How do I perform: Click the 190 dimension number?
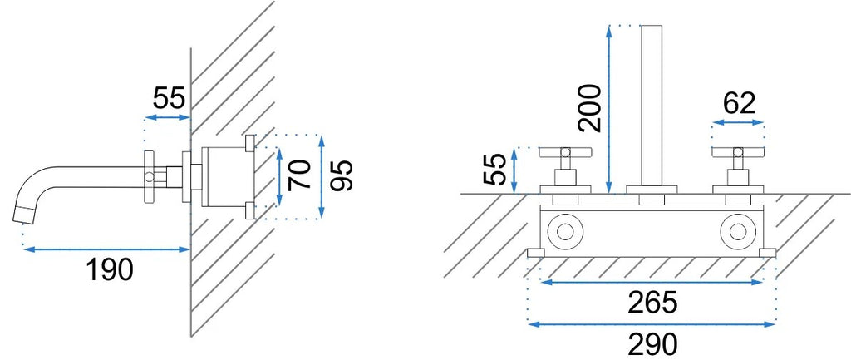(x=110, y=269)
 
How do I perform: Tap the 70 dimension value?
(x=301, y=175)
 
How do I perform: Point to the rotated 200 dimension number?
(x=590, y=109)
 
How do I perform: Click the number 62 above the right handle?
(x=739, y=103)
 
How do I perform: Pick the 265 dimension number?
(x=652, y=303)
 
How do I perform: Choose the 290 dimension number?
(x=652, y=344)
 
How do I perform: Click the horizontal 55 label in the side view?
(x=170, y=98)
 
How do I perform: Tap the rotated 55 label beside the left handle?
(x=494, y=169)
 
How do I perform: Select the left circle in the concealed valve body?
(x=565, y=231)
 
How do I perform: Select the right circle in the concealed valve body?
(x=739, y=231)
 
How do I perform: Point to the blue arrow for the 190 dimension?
(x=106, y=249)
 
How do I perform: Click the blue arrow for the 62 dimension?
(x=739, y=123)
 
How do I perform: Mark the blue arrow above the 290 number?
(x=652, y=324)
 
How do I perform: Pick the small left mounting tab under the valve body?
(x=536, y=253)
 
